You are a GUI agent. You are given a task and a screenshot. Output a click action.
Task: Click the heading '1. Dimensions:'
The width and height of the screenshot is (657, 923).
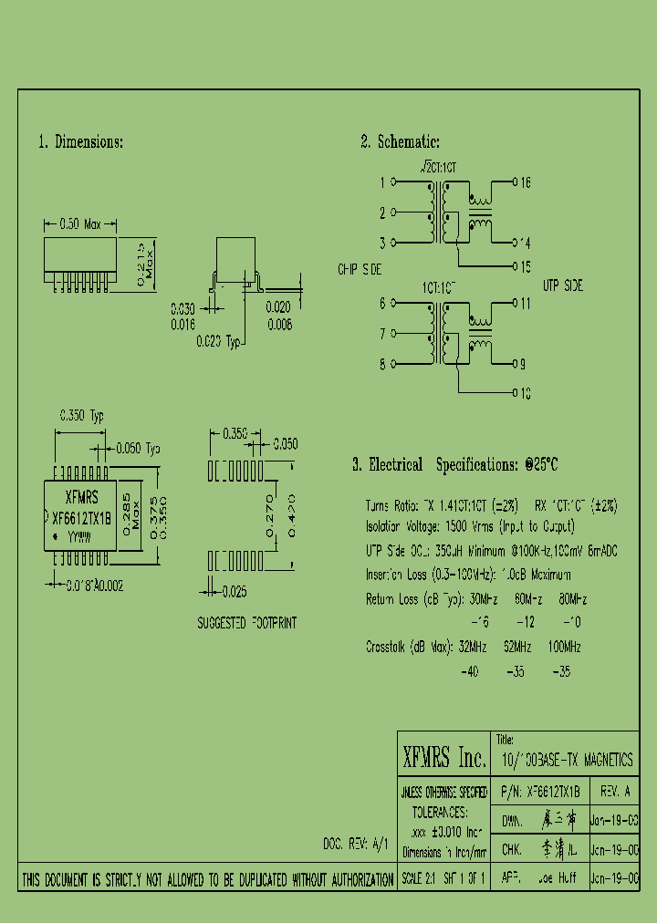coord(80,142)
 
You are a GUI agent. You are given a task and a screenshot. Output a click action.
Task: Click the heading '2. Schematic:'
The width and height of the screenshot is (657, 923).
coord(400,142)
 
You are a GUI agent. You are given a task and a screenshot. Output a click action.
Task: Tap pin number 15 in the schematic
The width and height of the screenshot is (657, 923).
coord(525,266)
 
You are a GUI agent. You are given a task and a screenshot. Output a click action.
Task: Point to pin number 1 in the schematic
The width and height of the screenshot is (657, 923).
coord(382,182)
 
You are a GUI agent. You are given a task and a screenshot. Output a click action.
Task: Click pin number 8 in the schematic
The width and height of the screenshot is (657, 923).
coord(382,364)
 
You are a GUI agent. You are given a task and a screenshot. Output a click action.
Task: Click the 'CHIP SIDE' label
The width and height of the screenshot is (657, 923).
coord(360,270)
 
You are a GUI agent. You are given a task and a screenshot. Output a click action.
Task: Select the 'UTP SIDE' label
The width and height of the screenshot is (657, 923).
coord(562,285)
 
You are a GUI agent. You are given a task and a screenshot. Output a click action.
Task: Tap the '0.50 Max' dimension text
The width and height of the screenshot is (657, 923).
coord(81,223)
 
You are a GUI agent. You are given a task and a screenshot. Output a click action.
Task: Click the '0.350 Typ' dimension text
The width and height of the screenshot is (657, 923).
coord(82,416)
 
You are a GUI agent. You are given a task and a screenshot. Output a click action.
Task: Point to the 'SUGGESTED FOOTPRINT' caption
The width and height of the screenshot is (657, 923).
coord(246,623)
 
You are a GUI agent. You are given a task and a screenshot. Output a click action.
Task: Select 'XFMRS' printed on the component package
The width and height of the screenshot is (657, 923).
coord(82,498)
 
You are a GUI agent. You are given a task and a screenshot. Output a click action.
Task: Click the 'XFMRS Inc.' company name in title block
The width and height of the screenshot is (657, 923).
coord(443,758)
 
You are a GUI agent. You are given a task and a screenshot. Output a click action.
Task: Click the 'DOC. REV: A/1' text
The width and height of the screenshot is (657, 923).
coord(357,844)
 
